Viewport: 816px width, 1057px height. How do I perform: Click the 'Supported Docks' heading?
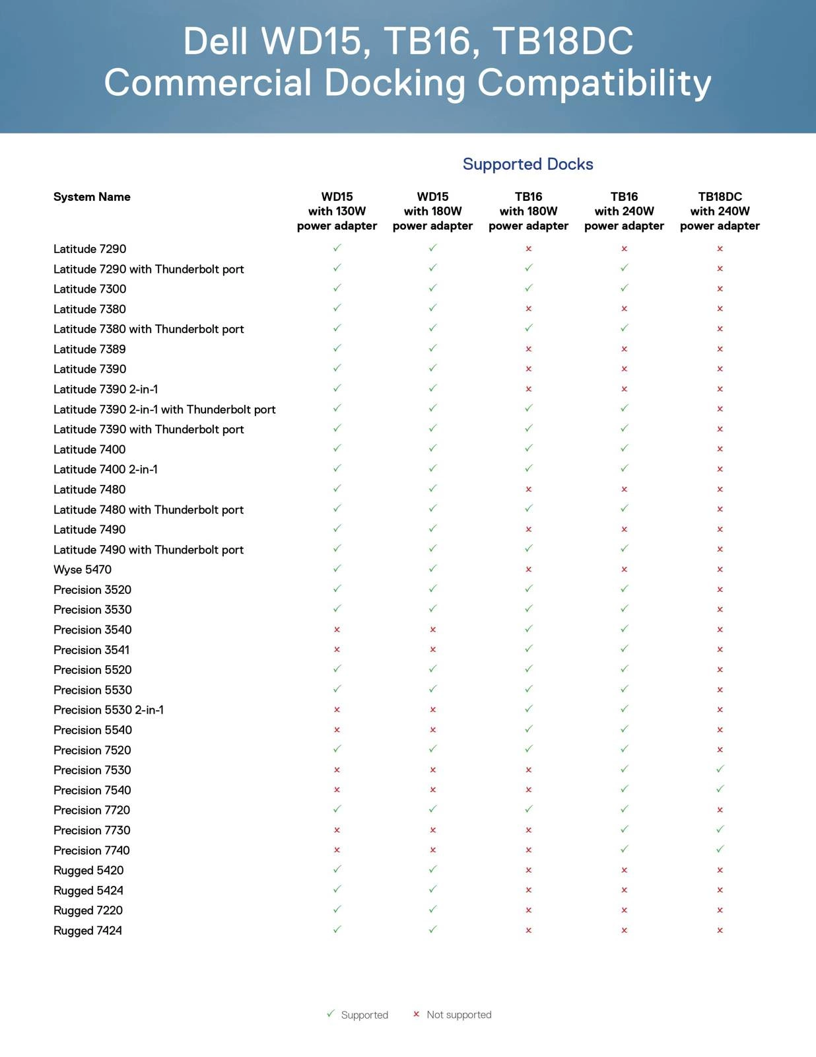[x=527, y=164]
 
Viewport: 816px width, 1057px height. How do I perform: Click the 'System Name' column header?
[x=92, y=197]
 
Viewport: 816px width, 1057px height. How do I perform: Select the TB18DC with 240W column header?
[x=720, y=211]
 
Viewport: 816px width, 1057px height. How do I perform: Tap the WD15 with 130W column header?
[x=337, y=211]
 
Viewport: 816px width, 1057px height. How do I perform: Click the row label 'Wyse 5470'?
[x=83, y=569]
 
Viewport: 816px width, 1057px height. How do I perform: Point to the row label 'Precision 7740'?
[x=92, y=850]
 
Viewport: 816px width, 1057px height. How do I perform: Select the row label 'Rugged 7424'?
[x=88, y=930]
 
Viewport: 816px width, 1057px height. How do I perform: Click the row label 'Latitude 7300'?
[x=90, y=289]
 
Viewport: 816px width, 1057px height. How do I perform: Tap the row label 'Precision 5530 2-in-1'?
[x=108, y=710]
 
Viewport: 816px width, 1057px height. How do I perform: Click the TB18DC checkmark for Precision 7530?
[x=720, y=769]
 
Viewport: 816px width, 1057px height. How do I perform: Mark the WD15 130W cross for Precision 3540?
[x=337, y=630]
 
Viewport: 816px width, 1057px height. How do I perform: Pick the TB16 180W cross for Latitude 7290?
[x=528, y=249]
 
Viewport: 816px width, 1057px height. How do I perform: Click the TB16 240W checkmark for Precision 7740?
[x=624, y=849]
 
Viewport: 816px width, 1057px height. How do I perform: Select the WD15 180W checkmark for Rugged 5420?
[x=432, y=869]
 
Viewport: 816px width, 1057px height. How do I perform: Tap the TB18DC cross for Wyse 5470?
[x=720, y=569]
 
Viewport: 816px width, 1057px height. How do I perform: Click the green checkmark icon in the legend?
[x=331, y=1013]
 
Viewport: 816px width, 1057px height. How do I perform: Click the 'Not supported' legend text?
[x=459, y=1015]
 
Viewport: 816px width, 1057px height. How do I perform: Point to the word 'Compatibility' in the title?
[x=594, y=83]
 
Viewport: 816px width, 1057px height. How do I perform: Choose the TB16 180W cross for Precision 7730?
[x=528, y=830]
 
